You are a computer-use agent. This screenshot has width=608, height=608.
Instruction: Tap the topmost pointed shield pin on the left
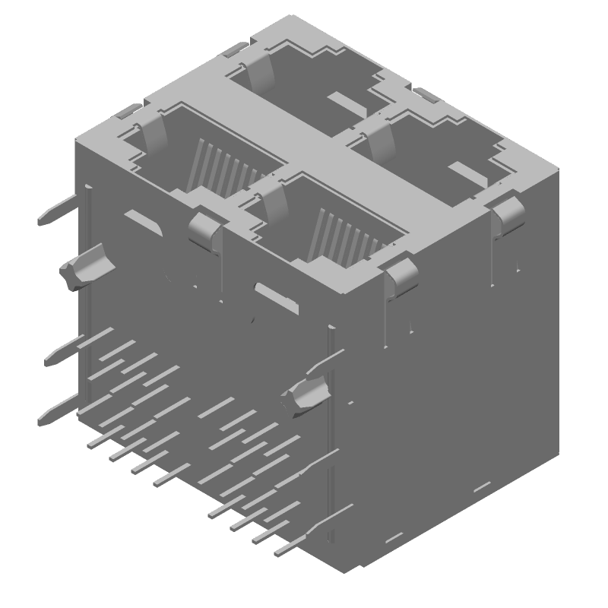(58, 211)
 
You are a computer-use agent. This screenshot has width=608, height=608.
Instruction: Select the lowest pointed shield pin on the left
(57, 410)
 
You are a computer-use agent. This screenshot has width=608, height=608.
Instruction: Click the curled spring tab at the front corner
(401, 275)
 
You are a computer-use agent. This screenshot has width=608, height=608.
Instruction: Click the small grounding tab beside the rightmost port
(426, 95)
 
